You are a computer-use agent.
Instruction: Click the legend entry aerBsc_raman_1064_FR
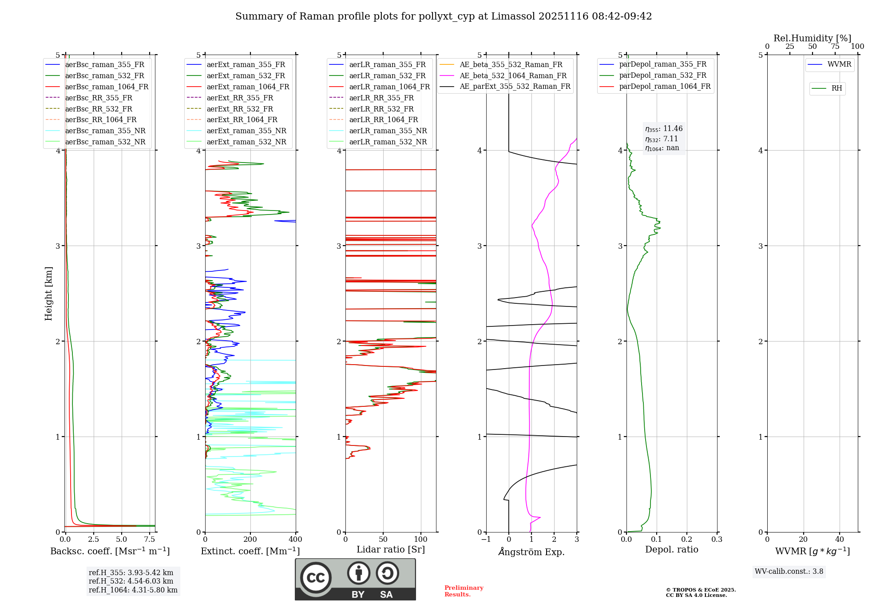click(107, 87)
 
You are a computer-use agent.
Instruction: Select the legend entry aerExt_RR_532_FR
click(240, 109)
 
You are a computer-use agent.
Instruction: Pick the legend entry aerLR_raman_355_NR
click(388, 131)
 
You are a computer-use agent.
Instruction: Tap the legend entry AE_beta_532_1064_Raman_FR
click(513, 76)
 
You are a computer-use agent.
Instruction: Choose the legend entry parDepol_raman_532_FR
click(662, 75)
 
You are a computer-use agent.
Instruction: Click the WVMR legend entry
click(839, 64)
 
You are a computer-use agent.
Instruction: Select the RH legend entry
click(836, 88)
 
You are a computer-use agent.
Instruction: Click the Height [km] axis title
click(49, 294)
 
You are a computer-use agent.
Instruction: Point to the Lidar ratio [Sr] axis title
click(391, 550)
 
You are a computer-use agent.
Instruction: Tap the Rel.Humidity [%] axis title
click(812, 38)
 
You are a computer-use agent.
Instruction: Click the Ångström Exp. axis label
click(531, 552)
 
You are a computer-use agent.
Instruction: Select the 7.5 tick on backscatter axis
click(150, 540)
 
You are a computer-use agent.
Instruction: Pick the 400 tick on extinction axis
click(296, 540)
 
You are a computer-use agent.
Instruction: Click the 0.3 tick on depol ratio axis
click(717, 540)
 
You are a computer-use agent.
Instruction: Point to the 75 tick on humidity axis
click(835, 47)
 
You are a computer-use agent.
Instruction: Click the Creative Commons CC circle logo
click(316, 577)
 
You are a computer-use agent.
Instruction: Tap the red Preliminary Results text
click(464, 591)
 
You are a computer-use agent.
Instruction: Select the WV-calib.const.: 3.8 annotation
click(789, 572)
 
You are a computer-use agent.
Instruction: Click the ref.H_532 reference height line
click(131, 581)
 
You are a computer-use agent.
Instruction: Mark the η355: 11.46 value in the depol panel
click(664, 129)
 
